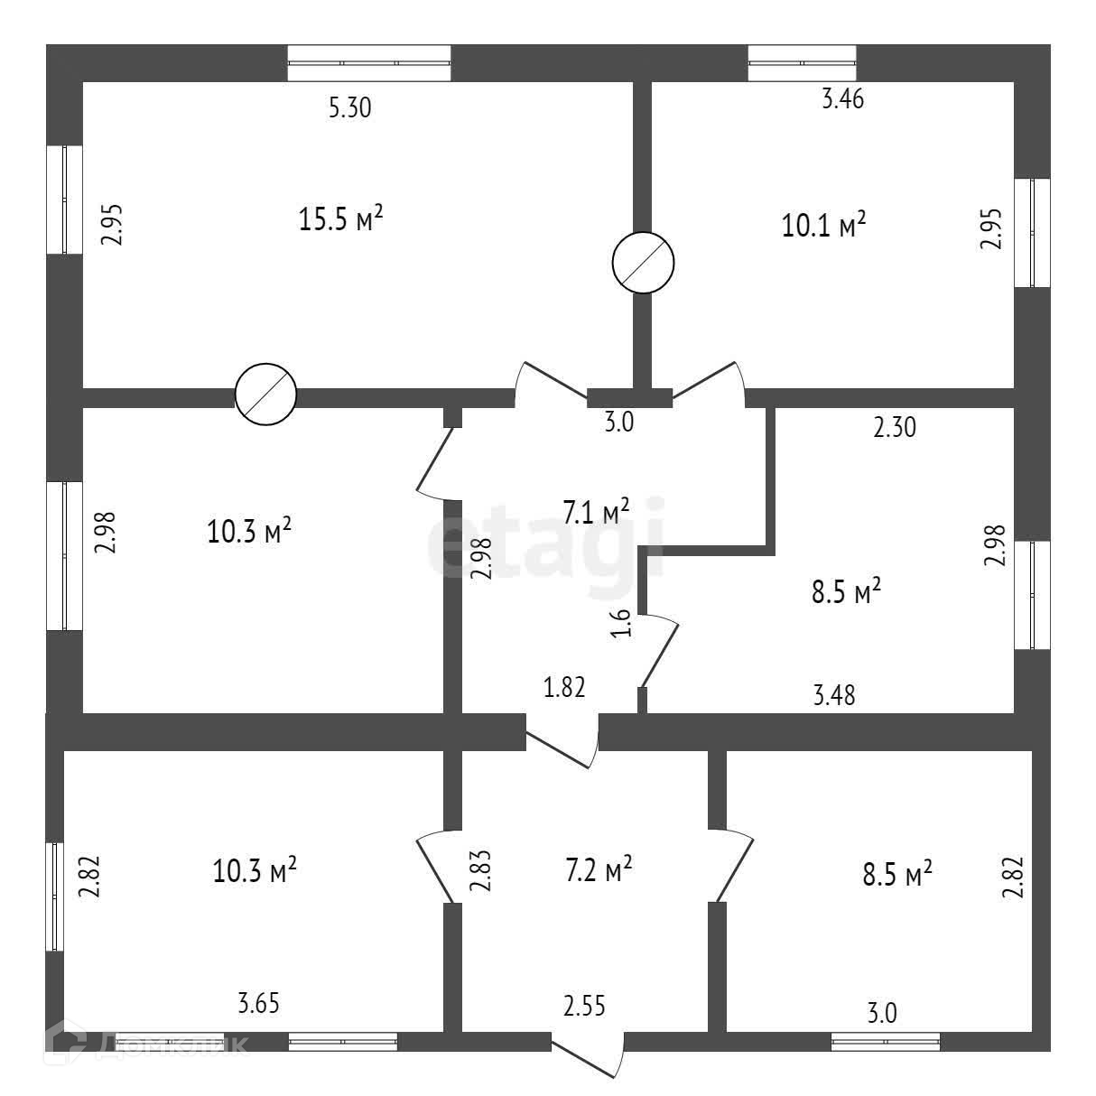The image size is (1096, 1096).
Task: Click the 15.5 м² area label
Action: point(341,219)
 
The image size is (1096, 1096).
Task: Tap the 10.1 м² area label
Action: point(824,224)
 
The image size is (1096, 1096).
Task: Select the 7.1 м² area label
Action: point(596,513)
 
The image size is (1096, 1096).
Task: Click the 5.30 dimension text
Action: point(350,108)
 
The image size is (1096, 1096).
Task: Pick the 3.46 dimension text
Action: point(842,99)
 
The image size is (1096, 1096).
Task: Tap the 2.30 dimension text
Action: point(894,427)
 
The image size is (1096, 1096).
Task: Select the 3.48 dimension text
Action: point(834,694)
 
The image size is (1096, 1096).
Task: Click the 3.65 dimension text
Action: point(258,1002)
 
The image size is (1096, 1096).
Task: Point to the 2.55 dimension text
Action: point(584,1004)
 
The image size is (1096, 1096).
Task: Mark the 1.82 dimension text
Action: point(564,688)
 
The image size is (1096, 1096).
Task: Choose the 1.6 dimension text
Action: point(622,624)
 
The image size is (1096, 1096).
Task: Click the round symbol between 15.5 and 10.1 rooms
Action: point(643,262)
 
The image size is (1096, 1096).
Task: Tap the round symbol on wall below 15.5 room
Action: point(265,395)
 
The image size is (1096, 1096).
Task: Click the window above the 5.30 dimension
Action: point(368,62)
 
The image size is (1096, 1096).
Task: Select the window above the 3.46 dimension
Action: point(802,62)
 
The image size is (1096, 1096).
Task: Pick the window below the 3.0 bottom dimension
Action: point(885,1042)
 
